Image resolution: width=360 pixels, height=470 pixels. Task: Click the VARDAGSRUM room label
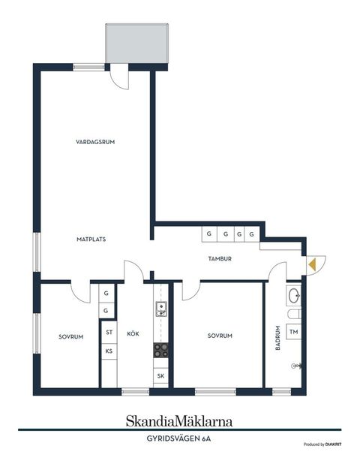[x=94, y=142]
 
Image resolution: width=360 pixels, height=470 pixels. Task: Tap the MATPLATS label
[x=91, y=240]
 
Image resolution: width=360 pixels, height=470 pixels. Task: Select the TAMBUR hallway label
[x=220, y=259]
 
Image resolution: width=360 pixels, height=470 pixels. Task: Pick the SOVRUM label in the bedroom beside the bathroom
[x=220, y=336]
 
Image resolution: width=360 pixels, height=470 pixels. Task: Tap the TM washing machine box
[x=293, y=331]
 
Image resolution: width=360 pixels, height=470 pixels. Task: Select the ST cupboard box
[x=109, y=332]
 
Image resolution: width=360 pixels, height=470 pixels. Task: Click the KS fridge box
[x=109, y=351]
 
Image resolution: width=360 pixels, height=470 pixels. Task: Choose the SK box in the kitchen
[x=160, y=375]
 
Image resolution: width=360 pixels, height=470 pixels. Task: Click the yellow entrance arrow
[x=312, y=264]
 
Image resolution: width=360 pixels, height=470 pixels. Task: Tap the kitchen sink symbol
[x=160, y=308]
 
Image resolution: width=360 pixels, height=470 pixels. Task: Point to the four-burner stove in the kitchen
[x=160, y=349]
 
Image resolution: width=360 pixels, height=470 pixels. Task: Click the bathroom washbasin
[x=293, y=295]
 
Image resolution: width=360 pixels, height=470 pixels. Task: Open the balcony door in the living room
[x=118, y=77]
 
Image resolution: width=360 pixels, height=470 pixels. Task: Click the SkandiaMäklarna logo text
[x=180, y=421]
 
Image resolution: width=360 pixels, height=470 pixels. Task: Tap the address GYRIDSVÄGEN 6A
[x=179, y=438]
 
